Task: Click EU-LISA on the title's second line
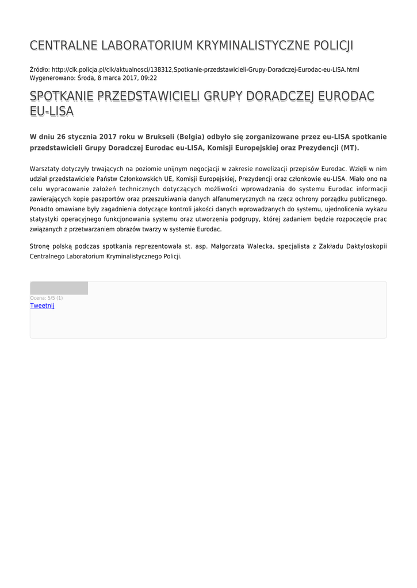coord(52,111)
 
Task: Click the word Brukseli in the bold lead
coord(160,137)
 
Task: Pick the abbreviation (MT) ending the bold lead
coord(349,148)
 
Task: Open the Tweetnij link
coord(42,306)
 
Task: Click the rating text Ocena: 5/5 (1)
coord(47,298)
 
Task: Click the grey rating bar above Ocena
coord(59,288)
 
